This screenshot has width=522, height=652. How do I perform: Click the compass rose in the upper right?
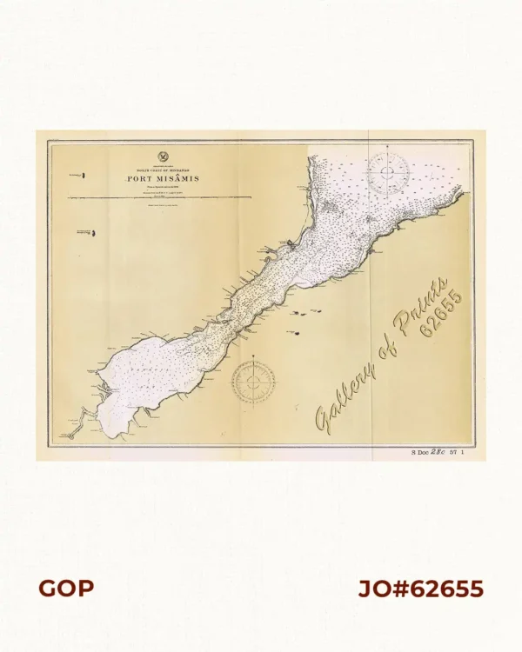point(388,171)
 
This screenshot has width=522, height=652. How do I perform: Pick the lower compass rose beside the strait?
point(253,380)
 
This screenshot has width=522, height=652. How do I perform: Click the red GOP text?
point(65,589)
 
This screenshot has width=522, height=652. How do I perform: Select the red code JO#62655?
point(420,589)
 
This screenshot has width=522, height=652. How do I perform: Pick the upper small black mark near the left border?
point(84,176)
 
